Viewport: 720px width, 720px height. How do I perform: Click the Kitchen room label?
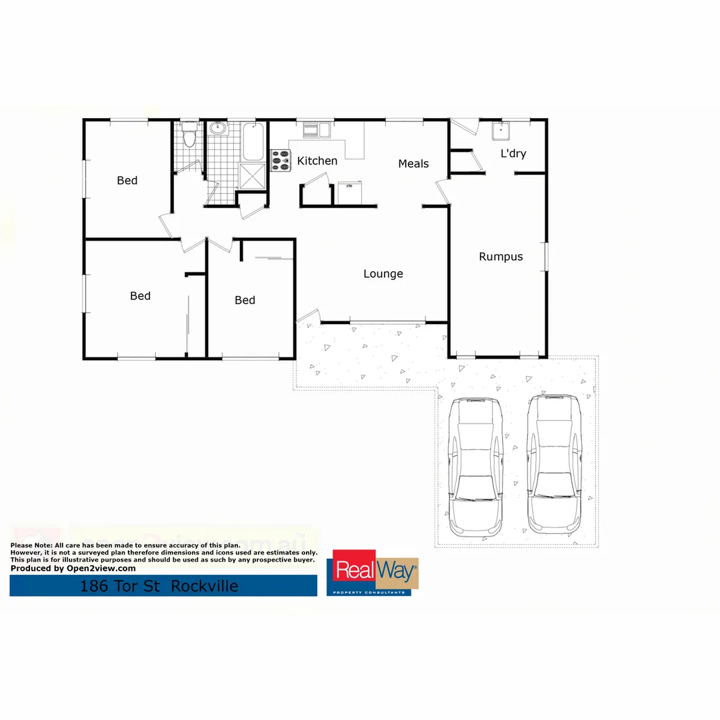[x=317, y=161]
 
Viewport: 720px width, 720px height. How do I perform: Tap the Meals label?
[x=413, y=163]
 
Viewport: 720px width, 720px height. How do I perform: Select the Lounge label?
[x=383, y=274]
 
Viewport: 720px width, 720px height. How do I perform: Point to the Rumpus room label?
[x=501, y=257]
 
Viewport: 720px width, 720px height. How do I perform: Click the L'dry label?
[x=513, y=154]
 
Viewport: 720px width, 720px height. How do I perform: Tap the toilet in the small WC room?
[x=189, y=138]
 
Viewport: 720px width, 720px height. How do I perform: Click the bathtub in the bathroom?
[x=253, y=141]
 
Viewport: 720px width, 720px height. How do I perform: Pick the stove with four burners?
[x=281, y=161]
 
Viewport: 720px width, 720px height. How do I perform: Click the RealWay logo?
[x=375, y=573]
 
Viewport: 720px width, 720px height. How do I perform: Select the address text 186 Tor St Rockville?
[x=159, y=587]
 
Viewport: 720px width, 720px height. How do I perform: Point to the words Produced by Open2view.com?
[x=73, y=569]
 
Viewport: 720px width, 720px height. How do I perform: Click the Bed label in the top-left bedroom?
[x=127, y=181]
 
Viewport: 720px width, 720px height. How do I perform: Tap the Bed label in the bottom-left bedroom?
[x=140, y=296]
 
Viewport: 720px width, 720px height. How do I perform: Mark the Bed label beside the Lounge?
[x=245, y=301]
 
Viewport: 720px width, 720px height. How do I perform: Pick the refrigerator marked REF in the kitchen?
[x=349, y=193]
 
